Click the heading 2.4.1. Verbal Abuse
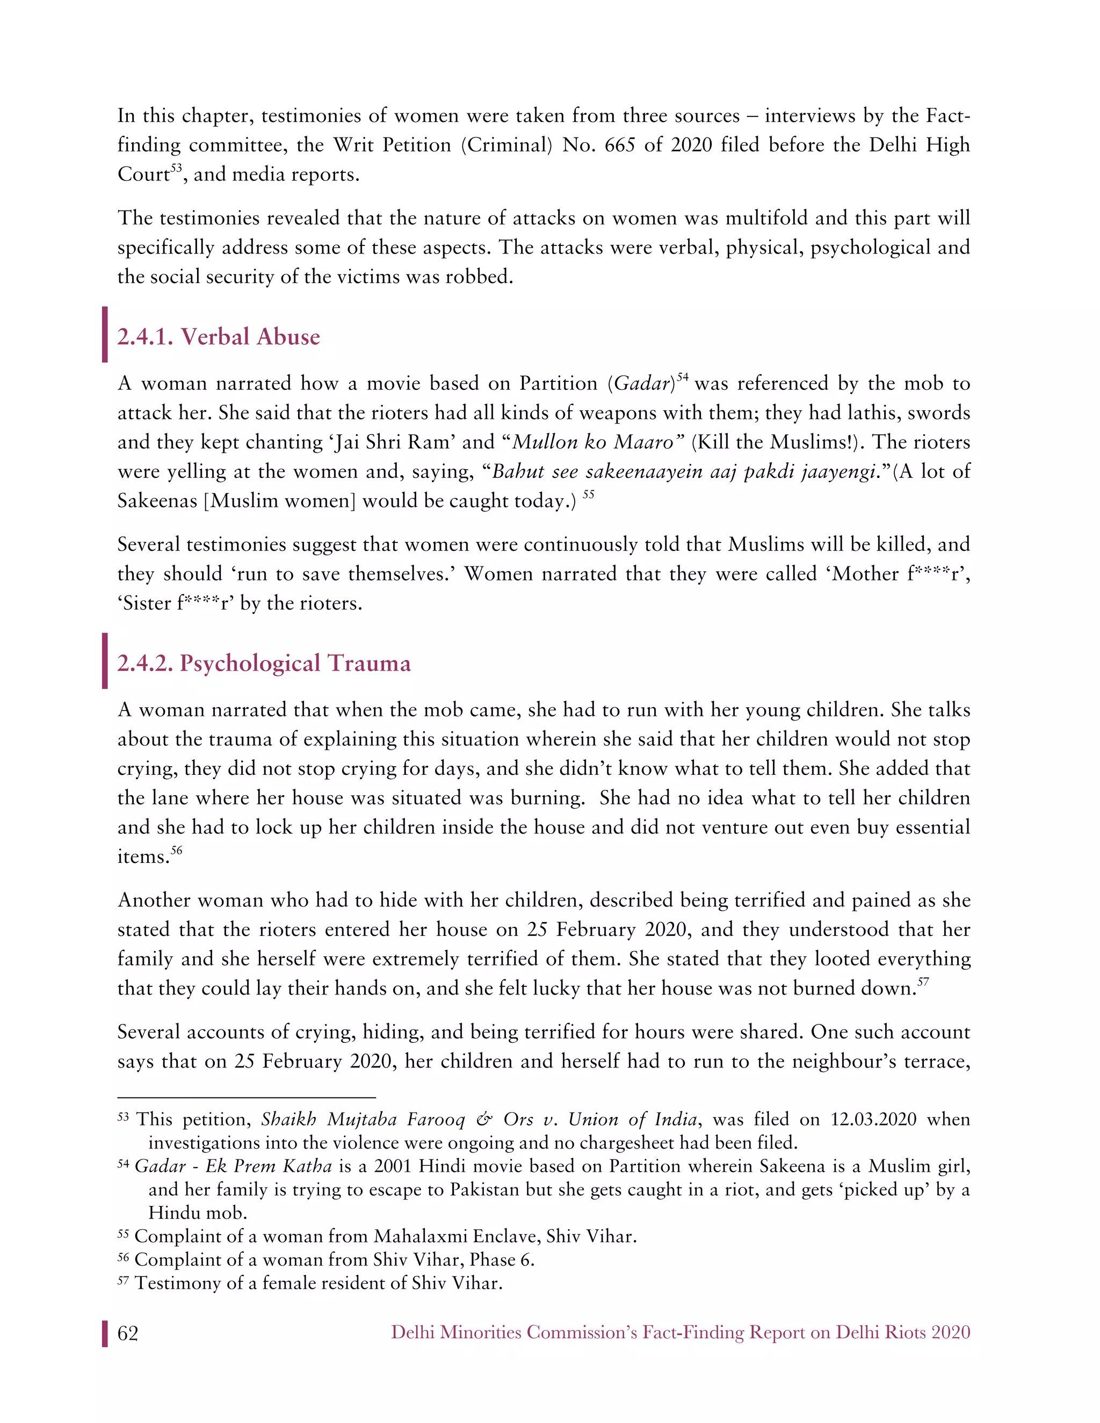(218, 337)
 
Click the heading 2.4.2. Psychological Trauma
(263, 663)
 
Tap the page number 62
(128, 1333)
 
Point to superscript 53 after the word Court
(176, 169)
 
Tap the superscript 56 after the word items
(177, 850)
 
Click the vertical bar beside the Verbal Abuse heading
(105, 335)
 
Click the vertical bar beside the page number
(105, 1333)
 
